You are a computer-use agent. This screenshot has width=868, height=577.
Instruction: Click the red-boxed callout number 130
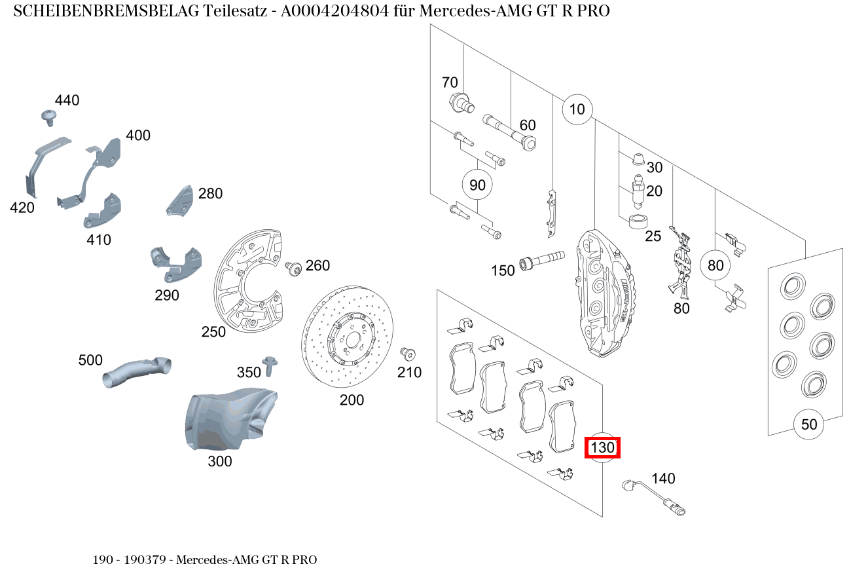tap(602, 448)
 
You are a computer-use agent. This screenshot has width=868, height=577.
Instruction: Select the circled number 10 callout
tap(577, 109)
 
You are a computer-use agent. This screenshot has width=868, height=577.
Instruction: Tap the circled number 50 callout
tap(809, 424)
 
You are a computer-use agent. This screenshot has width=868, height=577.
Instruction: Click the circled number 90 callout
tap(478, 185)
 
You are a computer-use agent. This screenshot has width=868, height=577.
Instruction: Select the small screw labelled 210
tap(408, 354)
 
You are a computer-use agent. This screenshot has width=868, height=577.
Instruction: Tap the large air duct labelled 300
tap(226, 419)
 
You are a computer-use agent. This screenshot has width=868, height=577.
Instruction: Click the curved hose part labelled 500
tap(137, 370)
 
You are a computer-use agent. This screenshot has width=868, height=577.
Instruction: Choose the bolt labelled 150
tap(541, 260)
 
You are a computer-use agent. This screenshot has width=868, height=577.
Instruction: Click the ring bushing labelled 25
tap(638, 221)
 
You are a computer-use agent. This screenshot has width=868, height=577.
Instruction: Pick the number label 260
tap(317, 265)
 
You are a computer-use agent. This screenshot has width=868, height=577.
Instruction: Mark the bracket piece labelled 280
tap(179, 200)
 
